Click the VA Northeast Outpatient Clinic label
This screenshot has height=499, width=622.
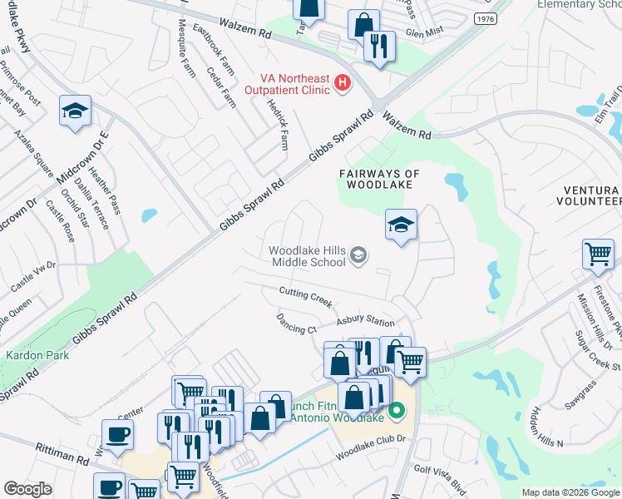(292, 83)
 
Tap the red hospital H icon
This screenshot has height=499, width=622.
(342, 83)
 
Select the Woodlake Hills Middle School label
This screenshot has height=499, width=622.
(307, 255)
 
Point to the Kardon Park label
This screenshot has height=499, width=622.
(30, 355)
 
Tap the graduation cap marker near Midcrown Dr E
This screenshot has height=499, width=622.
(75, 111)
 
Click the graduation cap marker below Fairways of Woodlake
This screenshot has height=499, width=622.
(401, 225)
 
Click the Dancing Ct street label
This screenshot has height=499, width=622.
(297, 323)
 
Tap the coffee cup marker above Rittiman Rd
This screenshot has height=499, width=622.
(117, 434)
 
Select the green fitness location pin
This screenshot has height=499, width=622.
(397, 410)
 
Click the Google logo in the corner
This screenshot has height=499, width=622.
(28, 489)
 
